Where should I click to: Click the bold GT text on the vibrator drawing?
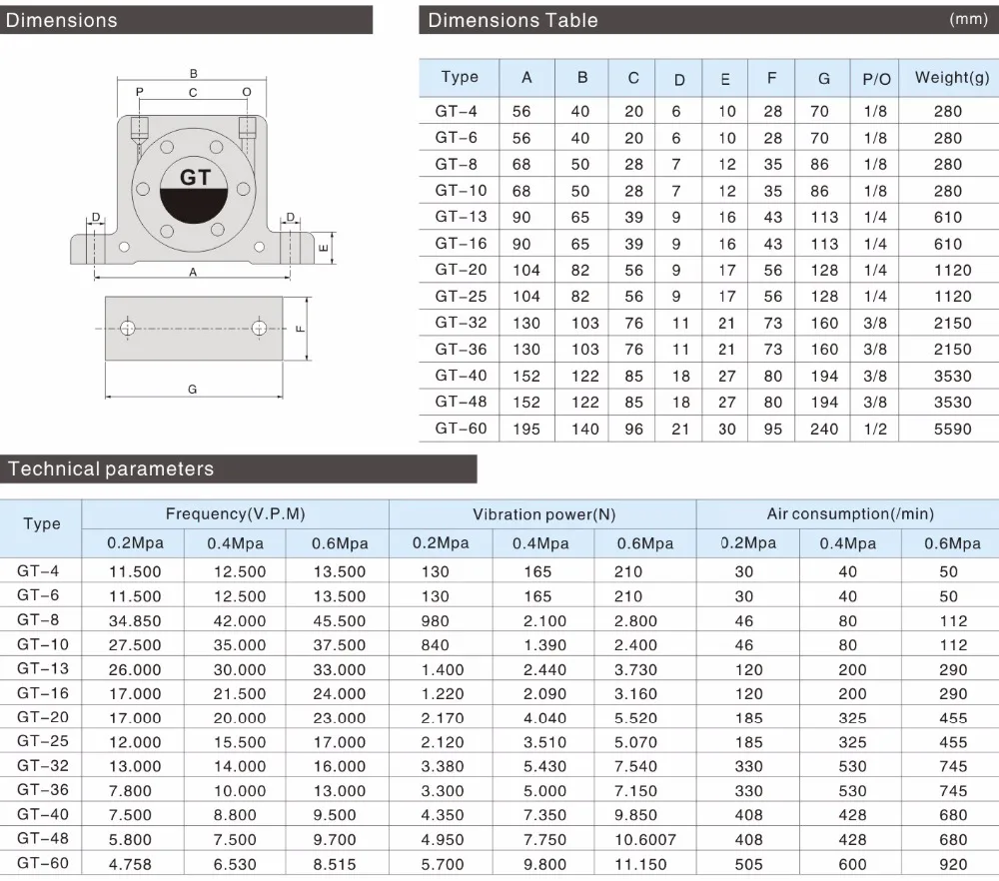(x=195, y=177)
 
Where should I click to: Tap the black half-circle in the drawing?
(x=194, y=204)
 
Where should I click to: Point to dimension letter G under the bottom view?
(x=193, y=390)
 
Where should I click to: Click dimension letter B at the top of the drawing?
(x=194, y=74)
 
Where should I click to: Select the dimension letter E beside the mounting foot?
(x=324, y=247)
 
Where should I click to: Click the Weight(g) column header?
(x=952, y=77)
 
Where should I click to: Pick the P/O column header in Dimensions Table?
(x=876, y=79)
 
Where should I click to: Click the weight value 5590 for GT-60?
(x=952, y=429)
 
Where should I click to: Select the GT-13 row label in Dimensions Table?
(x=461, y=217)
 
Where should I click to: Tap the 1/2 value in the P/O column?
(x=875, y=429)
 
